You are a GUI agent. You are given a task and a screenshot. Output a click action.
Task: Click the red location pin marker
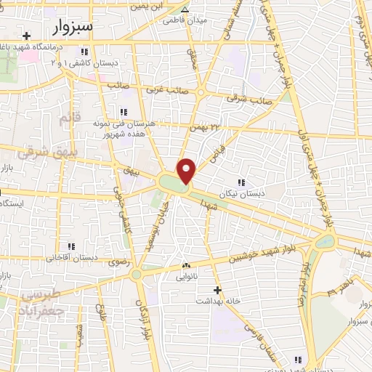187,170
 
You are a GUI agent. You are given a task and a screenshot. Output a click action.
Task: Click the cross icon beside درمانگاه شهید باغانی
27,36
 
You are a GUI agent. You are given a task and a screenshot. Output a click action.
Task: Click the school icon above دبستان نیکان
242,182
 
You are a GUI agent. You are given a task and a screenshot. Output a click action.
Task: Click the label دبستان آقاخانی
72,257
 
